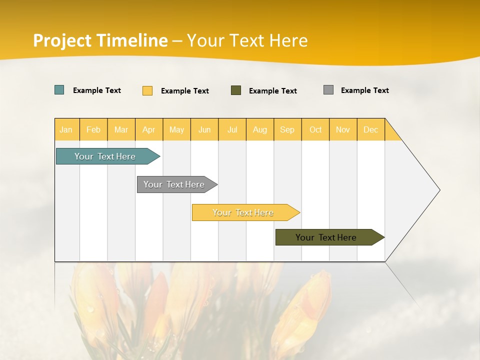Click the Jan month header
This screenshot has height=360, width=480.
(66, 129)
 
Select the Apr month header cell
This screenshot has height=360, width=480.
(149, 129)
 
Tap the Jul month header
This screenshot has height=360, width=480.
(232, 129)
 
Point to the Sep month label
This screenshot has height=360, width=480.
(287, 129)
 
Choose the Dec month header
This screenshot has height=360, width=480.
(370, 129)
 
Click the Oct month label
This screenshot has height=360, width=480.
(315, 129)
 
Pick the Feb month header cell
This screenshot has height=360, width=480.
(93, 129)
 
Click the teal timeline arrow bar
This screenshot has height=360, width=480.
(105, 156)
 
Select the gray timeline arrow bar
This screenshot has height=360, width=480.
(174, 184)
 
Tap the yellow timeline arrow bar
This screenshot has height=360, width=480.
(243, 212)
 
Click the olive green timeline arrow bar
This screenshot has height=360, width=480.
(326, 237)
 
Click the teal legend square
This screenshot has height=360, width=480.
(59, 90)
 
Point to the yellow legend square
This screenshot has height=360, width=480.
(147, 90)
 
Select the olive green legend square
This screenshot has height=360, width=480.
(236, 90)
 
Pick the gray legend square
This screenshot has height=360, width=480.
(328, 90)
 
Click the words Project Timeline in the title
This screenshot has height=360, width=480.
(100, 40)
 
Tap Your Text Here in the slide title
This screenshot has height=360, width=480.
(247, 40)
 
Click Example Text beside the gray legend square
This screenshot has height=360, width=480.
(364, 90)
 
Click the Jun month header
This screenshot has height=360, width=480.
(204, 129)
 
